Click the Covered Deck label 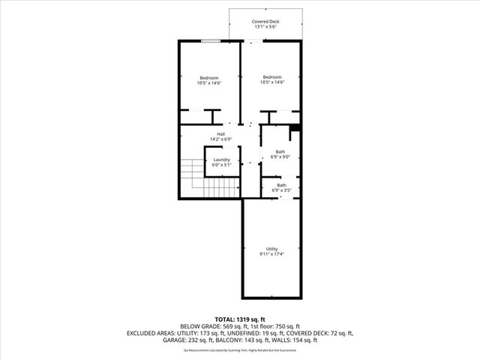coord(266,22)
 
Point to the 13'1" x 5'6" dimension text coord(266,27)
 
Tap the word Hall coord(221,133)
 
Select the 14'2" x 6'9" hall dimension coord(221,139)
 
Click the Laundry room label coord(221,159)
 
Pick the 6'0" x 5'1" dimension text coord(221,164)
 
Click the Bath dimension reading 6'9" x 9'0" coord(280,157)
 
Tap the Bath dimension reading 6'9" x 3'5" coord(281,190)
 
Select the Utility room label coord(271,249)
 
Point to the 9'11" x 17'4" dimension coord(271,254)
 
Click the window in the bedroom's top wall coord(210,40)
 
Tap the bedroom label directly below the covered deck coord(271,77)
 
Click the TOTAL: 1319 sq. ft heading coord(240,319)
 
